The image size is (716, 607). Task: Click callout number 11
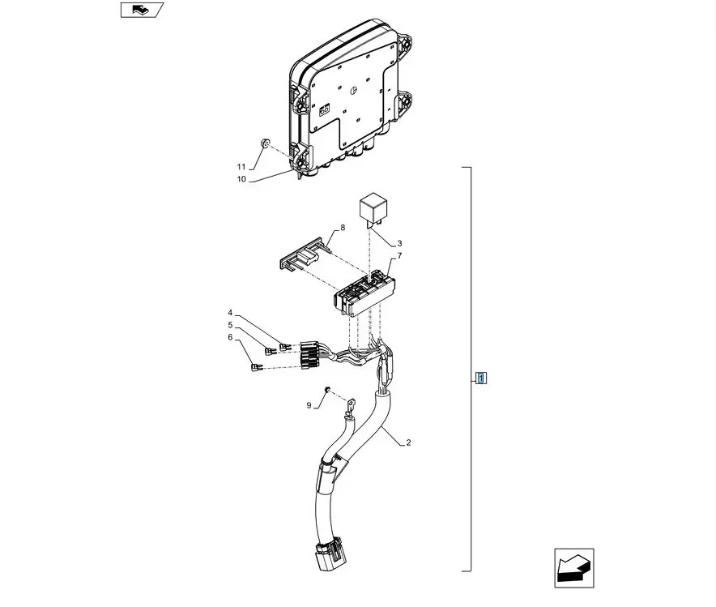[x=241, y=167]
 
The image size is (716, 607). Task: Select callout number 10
[x=241, y=179]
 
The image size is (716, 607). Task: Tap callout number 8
[x=343, y=228]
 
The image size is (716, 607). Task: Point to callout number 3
[x=399, y=243]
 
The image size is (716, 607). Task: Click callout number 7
[x=399, y=256]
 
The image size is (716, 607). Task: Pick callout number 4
[x=230, y=313]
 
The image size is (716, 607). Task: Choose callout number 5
[x=230, y=325]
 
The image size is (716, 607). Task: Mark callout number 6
[x=230, y=337]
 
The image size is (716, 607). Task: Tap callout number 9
[x=309, y=405]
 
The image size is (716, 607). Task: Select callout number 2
[x=408, y=442]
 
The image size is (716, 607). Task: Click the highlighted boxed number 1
[x=481, y=378]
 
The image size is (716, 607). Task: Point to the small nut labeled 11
[x=264, y=143]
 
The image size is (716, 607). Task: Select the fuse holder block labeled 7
[x=364, y=293]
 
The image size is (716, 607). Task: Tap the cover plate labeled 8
[x=304, y=256]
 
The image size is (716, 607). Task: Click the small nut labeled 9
[x=327, y=389]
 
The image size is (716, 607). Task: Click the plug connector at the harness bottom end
[x=330, y=553]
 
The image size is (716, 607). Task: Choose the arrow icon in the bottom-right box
[x=574, y=568]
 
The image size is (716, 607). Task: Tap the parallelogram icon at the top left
[x=142, y=10]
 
